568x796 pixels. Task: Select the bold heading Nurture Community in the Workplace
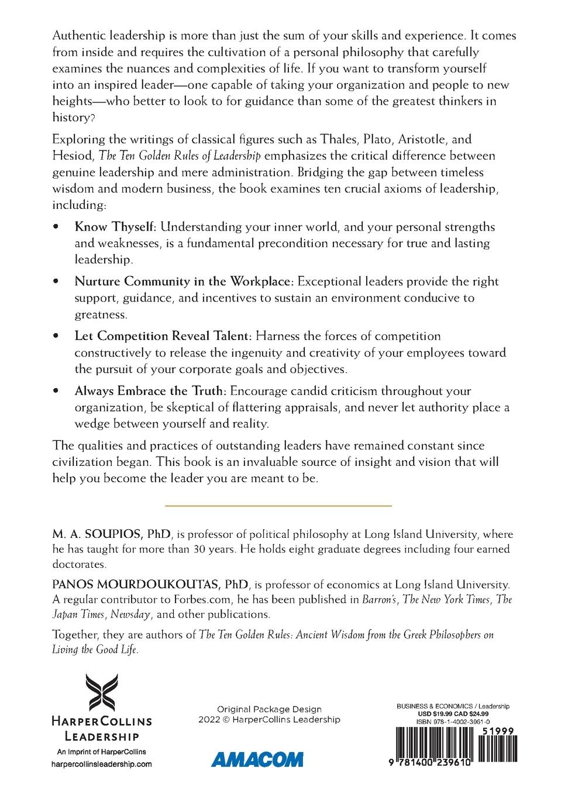click(184, 282)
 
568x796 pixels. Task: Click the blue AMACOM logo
click(257, 760)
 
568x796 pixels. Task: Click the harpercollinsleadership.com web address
click(102, 764)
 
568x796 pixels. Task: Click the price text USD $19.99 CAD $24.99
click(453, 714)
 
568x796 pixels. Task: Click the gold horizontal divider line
click(278, 505)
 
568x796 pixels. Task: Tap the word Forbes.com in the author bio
click(201, 599)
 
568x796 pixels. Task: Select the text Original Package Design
click(269, 709)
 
